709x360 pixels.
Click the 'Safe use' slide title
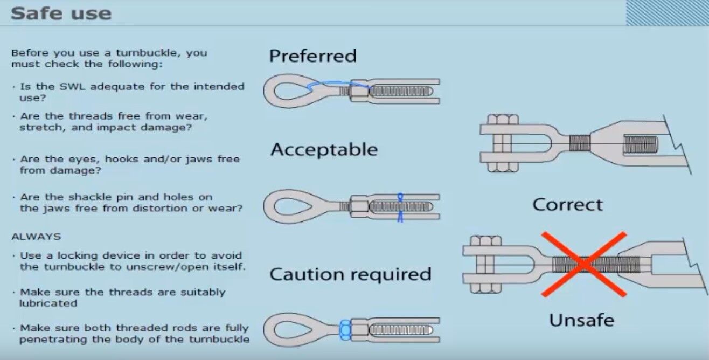point(61,13)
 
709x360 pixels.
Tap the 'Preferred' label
point(312,56)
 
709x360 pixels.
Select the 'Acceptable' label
point(324,149)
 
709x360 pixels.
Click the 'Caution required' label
point(350,274)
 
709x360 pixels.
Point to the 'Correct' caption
point(567,205)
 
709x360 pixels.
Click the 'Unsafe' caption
point(582,320)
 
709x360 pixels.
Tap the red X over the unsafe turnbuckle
point(584,265)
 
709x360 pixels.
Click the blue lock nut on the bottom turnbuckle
point(345,330)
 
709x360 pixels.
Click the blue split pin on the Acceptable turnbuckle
point(400,207)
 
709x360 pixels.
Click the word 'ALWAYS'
point(36,237)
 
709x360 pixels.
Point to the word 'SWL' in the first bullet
point(72,86)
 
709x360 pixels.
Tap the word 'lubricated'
point(48,303)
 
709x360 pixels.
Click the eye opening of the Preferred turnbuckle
point(293,91)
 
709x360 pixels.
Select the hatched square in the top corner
point(667,13)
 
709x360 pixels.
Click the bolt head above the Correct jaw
point(503,119)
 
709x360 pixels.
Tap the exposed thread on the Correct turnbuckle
point(580,143)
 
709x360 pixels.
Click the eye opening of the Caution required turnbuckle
point(293,330)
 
